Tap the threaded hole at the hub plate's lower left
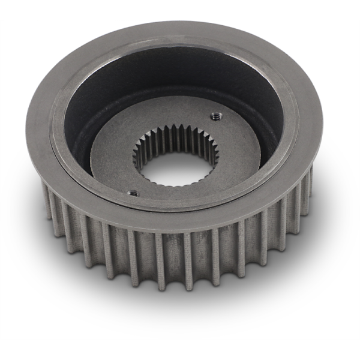coord(133,193)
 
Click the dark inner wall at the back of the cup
coord(180,72)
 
